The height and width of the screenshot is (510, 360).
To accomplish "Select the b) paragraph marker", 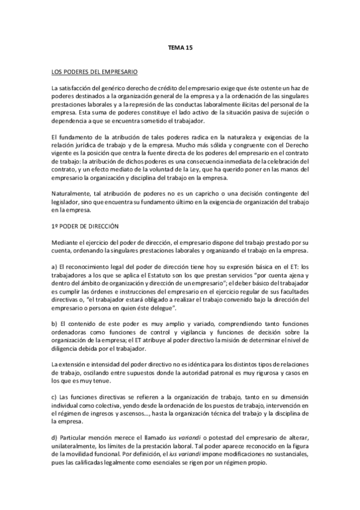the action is click(x=55, y=324).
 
